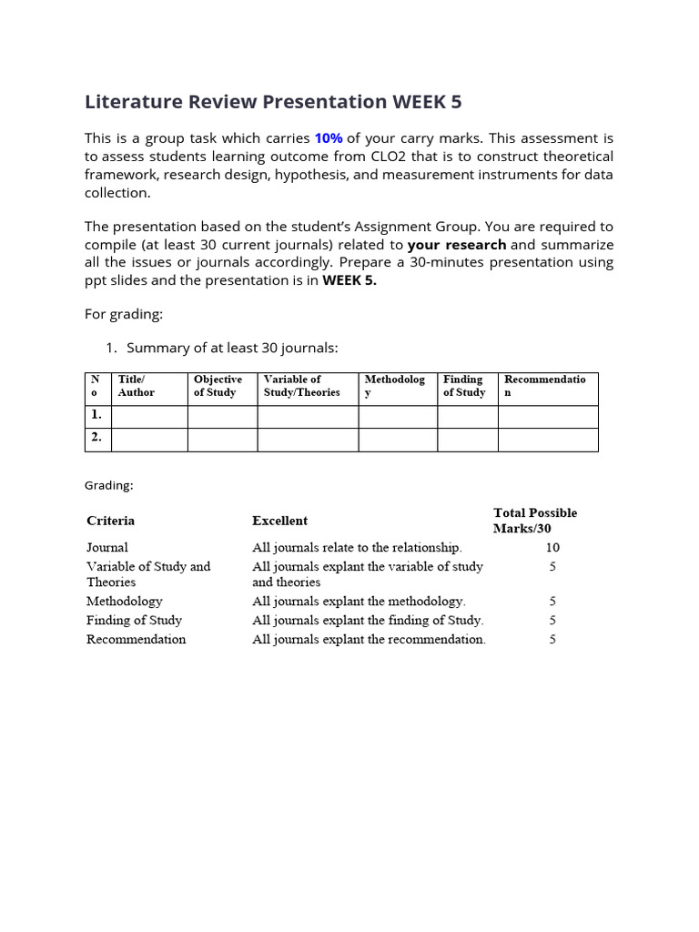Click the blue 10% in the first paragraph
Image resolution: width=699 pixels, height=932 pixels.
329,138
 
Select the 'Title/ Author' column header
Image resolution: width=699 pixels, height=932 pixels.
137,386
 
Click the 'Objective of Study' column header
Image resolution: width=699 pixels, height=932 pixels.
218,386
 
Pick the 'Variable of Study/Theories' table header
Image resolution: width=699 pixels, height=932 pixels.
301,386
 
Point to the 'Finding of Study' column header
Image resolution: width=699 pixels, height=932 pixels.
464,386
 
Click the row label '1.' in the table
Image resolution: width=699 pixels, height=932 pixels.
96,415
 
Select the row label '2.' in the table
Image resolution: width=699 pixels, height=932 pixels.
96,438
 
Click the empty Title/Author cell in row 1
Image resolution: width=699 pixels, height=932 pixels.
148,416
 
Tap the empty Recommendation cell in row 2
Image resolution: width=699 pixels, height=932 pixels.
548,439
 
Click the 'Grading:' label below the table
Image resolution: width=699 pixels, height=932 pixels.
108,485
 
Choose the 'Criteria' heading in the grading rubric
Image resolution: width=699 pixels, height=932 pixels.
110,521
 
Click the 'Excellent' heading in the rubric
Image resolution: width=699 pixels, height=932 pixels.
279,521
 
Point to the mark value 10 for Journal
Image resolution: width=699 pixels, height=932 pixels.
552,547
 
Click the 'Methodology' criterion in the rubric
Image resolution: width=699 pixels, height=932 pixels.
125,601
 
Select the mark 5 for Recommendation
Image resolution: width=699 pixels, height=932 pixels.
552,639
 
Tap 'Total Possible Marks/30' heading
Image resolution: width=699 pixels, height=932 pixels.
535,521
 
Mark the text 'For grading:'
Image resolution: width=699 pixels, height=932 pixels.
124,314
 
